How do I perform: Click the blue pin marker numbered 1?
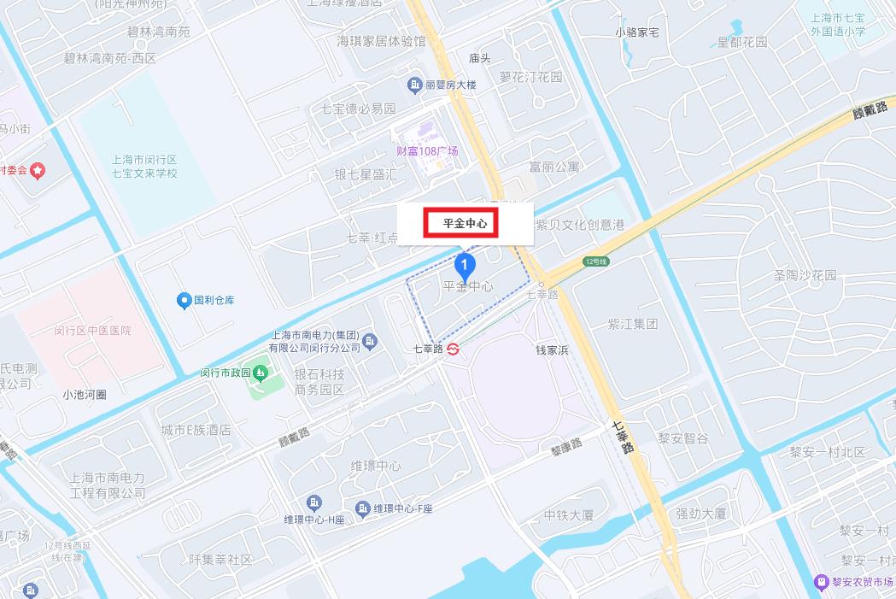(x=464, y=265)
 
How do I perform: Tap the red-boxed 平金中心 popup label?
(x=465, y=224)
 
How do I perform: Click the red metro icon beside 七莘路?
(x=453, y=349)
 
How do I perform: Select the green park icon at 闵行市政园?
(x=260, y=372)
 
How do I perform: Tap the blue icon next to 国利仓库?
(x=184, y=300)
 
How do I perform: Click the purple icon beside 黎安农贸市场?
(x=821, y=581)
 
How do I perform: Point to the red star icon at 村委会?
(x=38, y=171)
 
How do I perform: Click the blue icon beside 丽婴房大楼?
(x=414, y=85)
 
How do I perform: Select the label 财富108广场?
(x=427, y=151)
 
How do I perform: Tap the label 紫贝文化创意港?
(x=580, y=225)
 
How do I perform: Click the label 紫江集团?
(x=633, y=324)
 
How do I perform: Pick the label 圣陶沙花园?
(x=805, y=276)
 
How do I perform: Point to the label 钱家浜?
(x=552, y=350)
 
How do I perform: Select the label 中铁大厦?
(x=569, y=515)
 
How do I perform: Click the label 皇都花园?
(x=742, y=41)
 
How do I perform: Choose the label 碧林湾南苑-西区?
(x=110, y=58)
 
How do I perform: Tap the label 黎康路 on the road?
(x=565, y=445)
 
